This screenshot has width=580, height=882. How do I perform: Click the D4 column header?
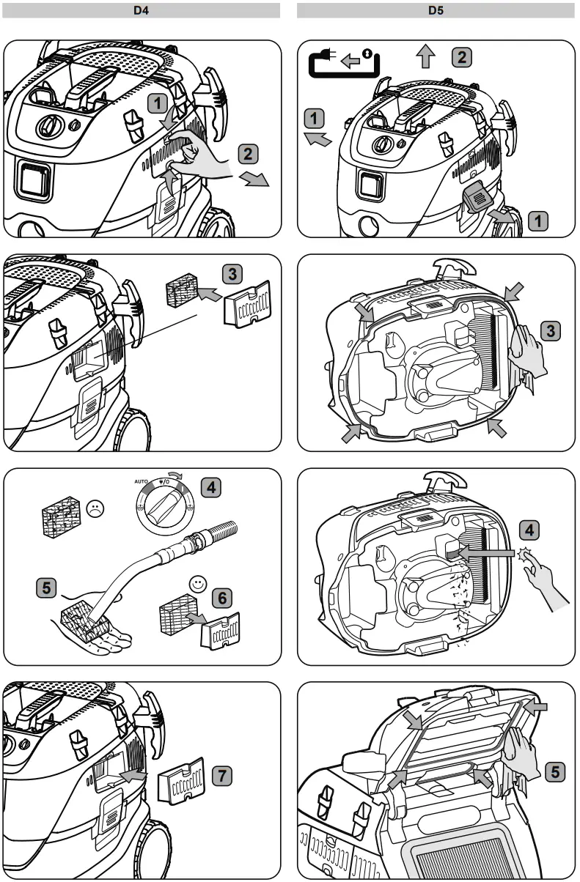pyautogui.click(x=142, y=11)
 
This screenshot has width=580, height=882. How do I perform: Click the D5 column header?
pyautogui.click(x=436, y=11)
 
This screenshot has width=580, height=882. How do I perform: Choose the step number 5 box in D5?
pyautogui.click(x=555, y=771)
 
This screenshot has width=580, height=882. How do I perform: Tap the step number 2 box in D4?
pyautogui.click(x=249, y=155)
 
